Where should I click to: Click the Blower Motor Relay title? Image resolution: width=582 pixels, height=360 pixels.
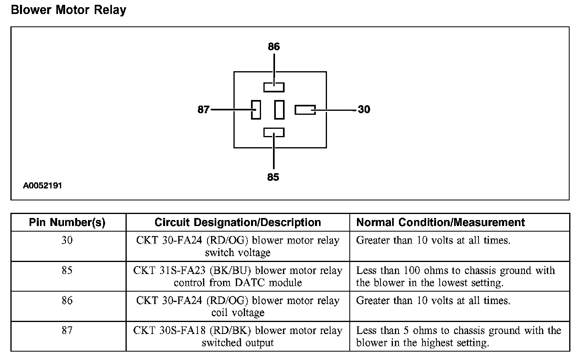[68, 10]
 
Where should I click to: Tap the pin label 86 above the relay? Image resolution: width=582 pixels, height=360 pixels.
[274, 47]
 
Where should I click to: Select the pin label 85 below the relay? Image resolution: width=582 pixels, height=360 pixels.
[273, 177]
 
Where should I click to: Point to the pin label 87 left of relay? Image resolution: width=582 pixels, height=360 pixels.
[203, 109]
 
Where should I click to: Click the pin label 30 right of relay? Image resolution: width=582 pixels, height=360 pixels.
[364, 109]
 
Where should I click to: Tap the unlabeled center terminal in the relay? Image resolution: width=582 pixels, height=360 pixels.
[279, 110]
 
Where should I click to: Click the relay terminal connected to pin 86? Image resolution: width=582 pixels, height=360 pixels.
[274, 87]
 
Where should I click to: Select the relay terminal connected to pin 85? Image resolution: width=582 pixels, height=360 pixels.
[274, 132]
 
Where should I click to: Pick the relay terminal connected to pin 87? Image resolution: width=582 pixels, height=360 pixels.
[256, 110]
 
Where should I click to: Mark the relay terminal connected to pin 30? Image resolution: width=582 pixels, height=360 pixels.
[305, 110]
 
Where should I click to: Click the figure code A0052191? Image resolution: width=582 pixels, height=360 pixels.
[42, 186]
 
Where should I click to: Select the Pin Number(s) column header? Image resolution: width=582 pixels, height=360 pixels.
[67, 222]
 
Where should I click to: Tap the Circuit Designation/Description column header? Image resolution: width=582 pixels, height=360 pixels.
[237, 222]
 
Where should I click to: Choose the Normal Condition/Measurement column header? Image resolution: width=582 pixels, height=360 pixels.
[440, 222]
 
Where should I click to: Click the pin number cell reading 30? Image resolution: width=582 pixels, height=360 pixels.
[67, 240]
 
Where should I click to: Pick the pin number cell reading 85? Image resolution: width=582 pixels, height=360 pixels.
[67, 270]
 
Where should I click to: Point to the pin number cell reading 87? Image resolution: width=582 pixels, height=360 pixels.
[67, 330]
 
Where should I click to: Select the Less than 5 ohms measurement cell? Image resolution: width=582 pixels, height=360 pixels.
[459, 336]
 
